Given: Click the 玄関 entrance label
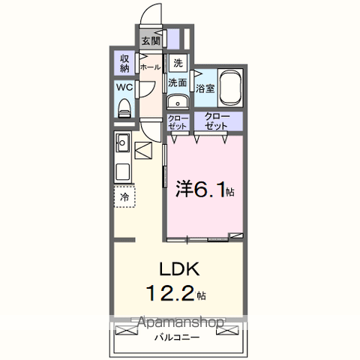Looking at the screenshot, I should click(x=149, y=41).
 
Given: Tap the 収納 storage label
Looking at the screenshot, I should click(x=124, y=64).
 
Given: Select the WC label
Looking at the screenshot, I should click(x=124, y=88).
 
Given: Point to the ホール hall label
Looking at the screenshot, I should click(x=150, y=66).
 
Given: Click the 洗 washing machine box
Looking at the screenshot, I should click(x=178, y=63).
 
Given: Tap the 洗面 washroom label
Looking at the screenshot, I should click(x=178, y=82).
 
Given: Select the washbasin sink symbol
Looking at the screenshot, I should click(x=178, y=103).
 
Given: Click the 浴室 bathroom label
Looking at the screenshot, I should click(x=205, y=88).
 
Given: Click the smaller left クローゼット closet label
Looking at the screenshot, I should click(x=178, y=122).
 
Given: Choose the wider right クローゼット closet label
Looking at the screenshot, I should click(x=217, y=122).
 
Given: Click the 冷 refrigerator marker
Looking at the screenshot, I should click(x=124, y=196).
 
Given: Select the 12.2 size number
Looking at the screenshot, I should click(x=174, y=292).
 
